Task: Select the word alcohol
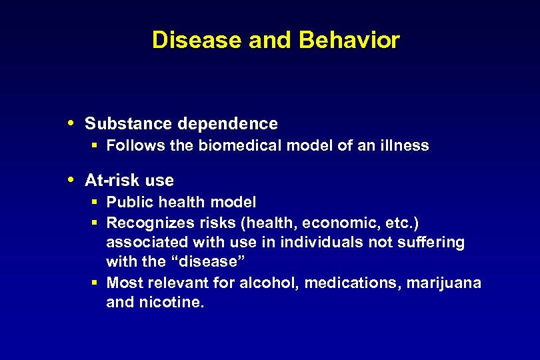tap(274, 283)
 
